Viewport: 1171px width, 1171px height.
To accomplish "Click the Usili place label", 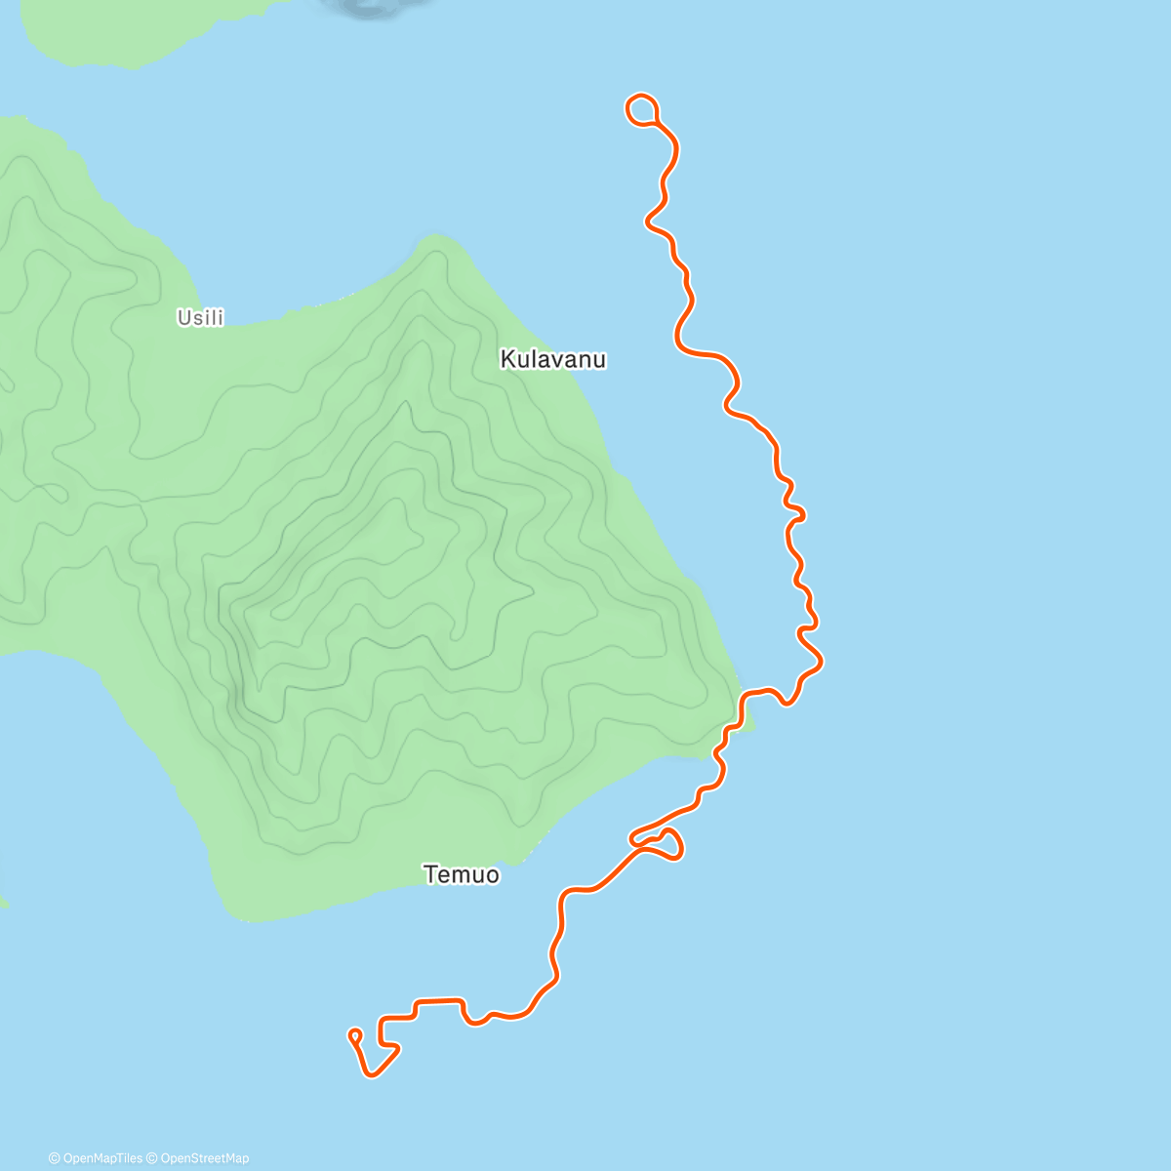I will tap(200, 317).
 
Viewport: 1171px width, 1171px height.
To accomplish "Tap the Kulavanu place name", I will tap(552, 359).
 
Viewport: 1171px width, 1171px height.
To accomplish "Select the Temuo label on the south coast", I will tap(462, 874).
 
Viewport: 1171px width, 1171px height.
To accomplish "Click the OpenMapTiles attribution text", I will tap(101, 1158).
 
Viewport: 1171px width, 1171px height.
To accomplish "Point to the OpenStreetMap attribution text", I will tap(203, 1158).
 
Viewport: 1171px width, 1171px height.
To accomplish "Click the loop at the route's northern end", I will tap(641, 108).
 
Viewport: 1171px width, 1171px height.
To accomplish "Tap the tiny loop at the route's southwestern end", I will tap(355, 1034).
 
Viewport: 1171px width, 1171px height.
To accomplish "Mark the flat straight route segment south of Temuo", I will tap(439, 1000).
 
